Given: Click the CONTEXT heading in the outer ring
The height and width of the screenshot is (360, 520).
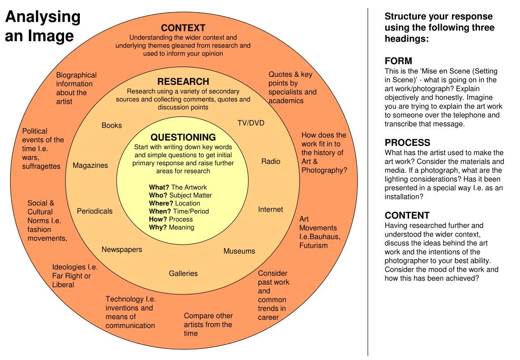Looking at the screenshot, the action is [183, 28].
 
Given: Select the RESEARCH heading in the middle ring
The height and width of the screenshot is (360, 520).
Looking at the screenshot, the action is [183, 82].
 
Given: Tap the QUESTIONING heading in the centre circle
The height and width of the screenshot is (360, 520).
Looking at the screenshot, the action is [183, 137].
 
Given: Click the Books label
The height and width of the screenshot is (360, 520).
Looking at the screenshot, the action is [112, 126].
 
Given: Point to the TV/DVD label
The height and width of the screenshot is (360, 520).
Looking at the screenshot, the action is [251, 123].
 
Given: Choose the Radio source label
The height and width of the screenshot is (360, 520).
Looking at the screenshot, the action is [270, 161].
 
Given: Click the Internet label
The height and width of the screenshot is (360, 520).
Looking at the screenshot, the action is [270, 209].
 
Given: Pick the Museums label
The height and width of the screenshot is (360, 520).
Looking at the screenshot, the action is [239, 251].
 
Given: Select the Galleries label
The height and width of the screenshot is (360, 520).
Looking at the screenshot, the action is [183, 274].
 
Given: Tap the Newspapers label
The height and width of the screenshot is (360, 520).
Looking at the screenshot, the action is [121, 250].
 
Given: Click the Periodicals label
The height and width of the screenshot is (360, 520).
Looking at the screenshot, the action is [95, 211].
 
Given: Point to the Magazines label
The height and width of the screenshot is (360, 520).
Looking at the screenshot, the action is [90, 165].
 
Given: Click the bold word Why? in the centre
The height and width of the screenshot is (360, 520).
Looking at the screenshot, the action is [158, 227].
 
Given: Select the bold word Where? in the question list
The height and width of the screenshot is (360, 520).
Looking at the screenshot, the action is [161, 203].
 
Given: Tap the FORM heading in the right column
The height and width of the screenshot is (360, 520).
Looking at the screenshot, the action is [399, 61].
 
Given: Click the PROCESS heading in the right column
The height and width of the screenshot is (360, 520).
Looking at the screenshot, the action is [408, 143].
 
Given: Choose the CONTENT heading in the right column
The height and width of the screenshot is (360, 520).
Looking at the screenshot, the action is [407, 216].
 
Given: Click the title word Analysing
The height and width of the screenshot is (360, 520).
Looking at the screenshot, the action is [43, 17].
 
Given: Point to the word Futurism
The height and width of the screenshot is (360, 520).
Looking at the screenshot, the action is [314, 246].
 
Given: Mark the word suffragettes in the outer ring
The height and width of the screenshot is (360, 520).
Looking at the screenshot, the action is [41, 166].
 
